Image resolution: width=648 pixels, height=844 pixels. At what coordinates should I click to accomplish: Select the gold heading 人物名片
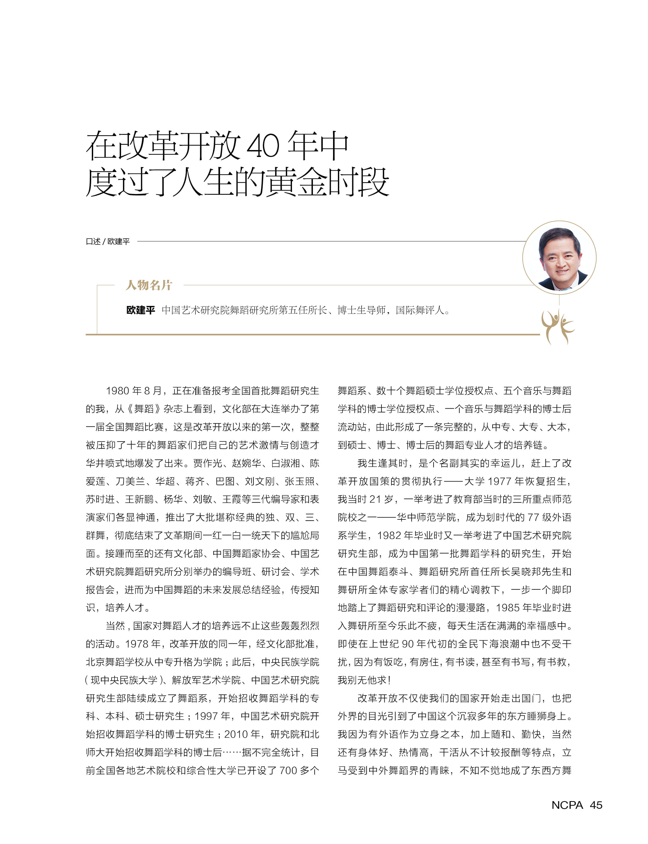[x=149, y=285]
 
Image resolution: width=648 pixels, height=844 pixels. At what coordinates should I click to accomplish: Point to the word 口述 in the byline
[x=93, y=241]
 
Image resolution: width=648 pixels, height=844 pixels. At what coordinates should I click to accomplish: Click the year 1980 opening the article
[x=117, y=391]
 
